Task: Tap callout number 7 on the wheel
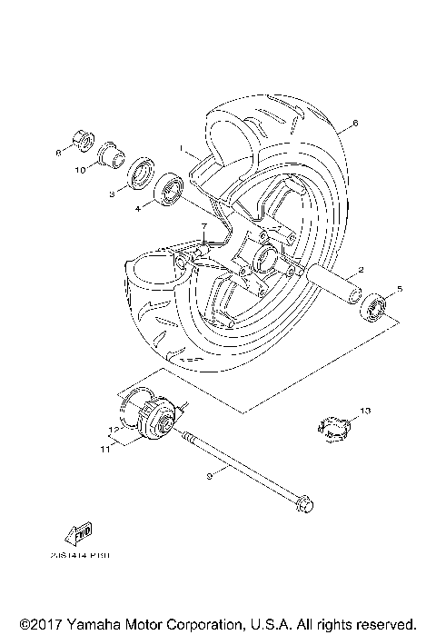pos(204,226)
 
